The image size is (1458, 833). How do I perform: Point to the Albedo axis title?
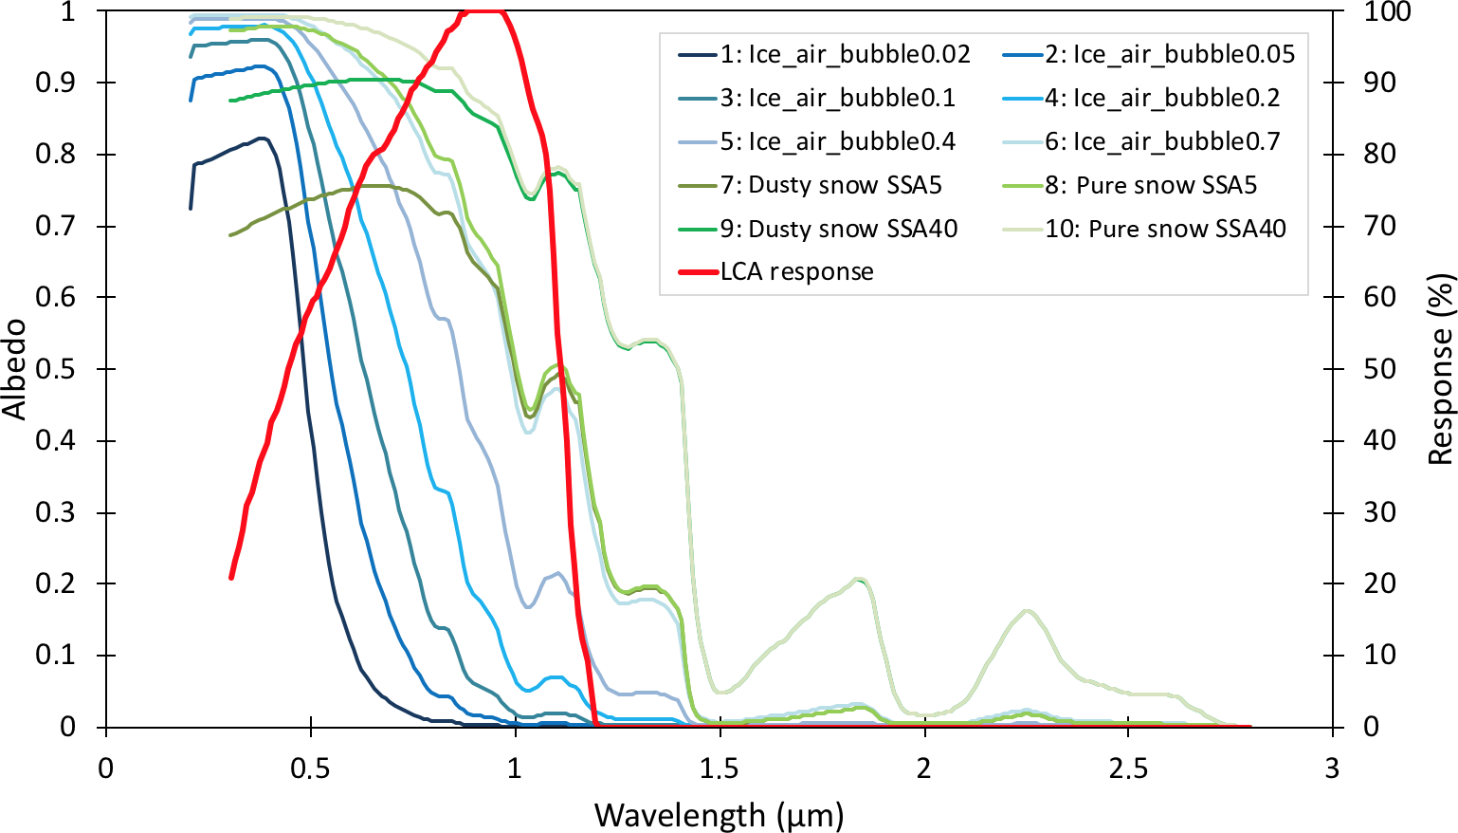(x=14, y=369)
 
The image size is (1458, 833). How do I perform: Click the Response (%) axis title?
(x=1441, y=369)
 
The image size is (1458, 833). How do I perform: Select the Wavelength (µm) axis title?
(x=719, y=815)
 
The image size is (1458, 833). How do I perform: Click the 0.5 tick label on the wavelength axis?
(x=310, y=768)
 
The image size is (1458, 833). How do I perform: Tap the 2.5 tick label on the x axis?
(x=1128, y=768)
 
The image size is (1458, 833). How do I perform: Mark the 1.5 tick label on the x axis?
(x=720, y=768)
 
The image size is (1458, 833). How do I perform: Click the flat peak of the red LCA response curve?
(x=482, y=11)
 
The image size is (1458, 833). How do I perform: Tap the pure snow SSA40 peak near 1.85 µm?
(x=859, y=580)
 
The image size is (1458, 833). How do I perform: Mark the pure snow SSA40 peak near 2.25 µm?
(x=1027, y=611)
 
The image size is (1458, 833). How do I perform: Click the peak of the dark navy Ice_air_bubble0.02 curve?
(x=263, y=139)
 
